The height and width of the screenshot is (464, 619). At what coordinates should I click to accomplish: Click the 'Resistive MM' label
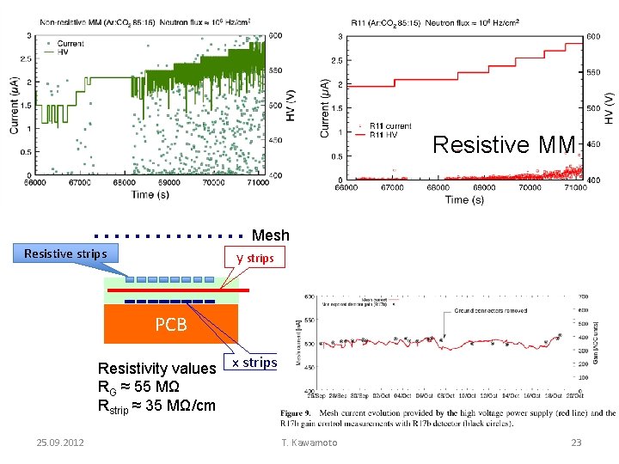tap(503, 144)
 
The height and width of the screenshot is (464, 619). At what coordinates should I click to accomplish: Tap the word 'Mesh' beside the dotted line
tap(270, 235)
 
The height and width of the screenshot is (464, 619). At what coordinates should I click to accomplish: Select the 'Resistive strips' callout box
tap(65, 253)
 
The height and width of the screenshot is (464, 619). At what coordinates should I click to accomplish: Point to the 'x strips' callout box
tap(254, 363)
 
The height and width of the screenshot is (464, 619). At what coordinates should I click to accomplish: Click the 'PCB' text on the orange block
tap(170, 326)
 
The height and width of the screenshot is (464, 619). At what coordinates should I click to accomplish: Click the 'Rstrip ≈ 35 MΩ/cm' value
tap(156, 406)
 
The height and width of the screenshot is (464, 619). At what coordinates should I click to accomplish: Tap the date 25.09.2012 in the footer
tap(60, 443)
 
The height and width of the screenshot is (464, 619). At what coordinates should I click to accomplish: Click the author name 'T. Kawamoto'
tap(309, 443)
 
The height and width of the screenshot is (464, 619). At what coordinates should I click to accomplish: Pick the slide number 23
tap(576, 443)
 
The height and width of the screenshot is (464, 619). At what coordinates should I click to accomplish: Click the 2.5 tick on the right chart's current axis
tap(337, 60)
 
